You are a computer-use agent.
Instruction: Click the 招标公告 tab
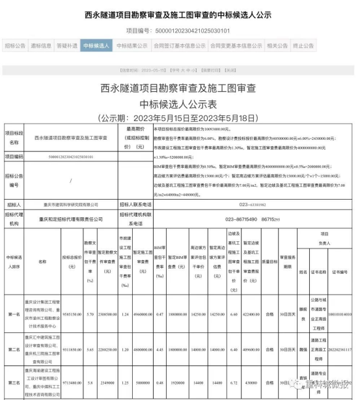[15, 46]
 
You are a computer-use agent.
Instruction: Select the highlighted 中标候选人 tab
[96, 46]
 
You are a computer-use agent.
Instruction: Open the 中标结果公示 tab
[131, 46]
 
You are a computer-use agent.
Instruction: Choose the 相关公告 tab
[277, 46]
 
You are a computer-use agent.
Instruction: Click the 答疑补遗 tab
[67, 46]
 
